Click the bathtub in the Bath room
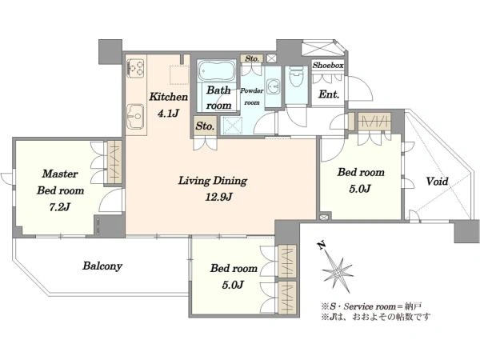coord(217,70)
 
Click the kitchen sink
coord(136,117)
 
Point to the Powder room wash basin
coord(273,86)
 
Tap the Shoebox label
coord(328,65)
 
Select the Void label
coord(437,182)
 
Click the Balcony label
coord(102,266)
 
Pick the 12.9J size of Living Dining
coord(218,197)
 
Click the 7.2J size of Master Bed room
coord(60,207)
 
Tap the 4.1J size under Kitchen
coord(168,114)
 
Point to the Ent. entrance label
coord(329,94)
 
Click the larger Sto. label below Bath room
coord(205,126)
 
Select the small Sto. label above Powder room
coord(252,58)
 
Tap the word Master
coord(60,174)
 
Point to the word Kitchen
coord(168,97)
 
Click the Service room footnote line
coord(372,306)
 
